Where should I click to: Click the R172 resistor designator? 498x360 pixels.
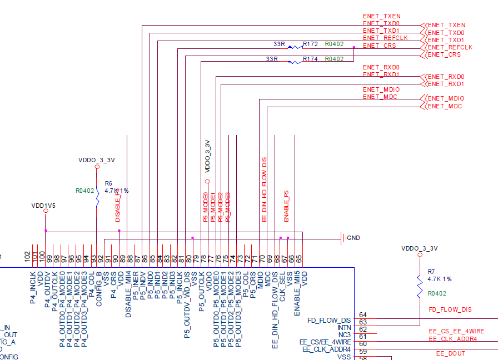click(310, 43)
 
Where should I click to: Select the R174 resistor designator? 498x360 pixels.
click(310, 59)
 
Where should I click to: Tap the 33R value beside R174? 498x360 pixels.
click(272, 59)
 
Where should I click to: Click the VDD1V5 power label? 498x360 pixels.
click(44, 206)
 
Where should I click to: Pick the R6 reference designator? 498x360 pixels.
click(108, 183)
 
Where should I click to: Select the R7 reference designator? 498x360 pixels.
click(431, 271)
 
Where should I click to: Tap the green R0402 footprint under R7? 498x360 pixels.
click(437, 293)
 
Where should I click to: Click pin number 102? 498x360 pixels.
click(28, 257)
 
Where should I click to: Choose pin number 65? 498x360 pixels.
click(298, 258)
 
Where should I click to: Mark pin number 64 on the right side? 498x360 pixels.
click(363, 315)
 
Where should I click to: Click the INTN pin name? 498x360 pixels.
click(344, 328)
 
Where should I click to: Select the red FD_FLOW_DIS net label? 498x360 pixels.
click(450, 309)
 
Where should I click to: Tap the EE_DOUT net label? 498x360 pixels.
click(450, 353)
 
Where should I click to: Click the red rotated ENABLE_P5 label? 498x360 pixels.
click(287, 207)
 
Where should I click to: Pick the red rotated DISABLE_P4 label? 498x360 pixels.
click(118, 206)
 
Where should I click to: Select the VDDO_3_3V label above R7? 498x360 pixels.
click(420, 248)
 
